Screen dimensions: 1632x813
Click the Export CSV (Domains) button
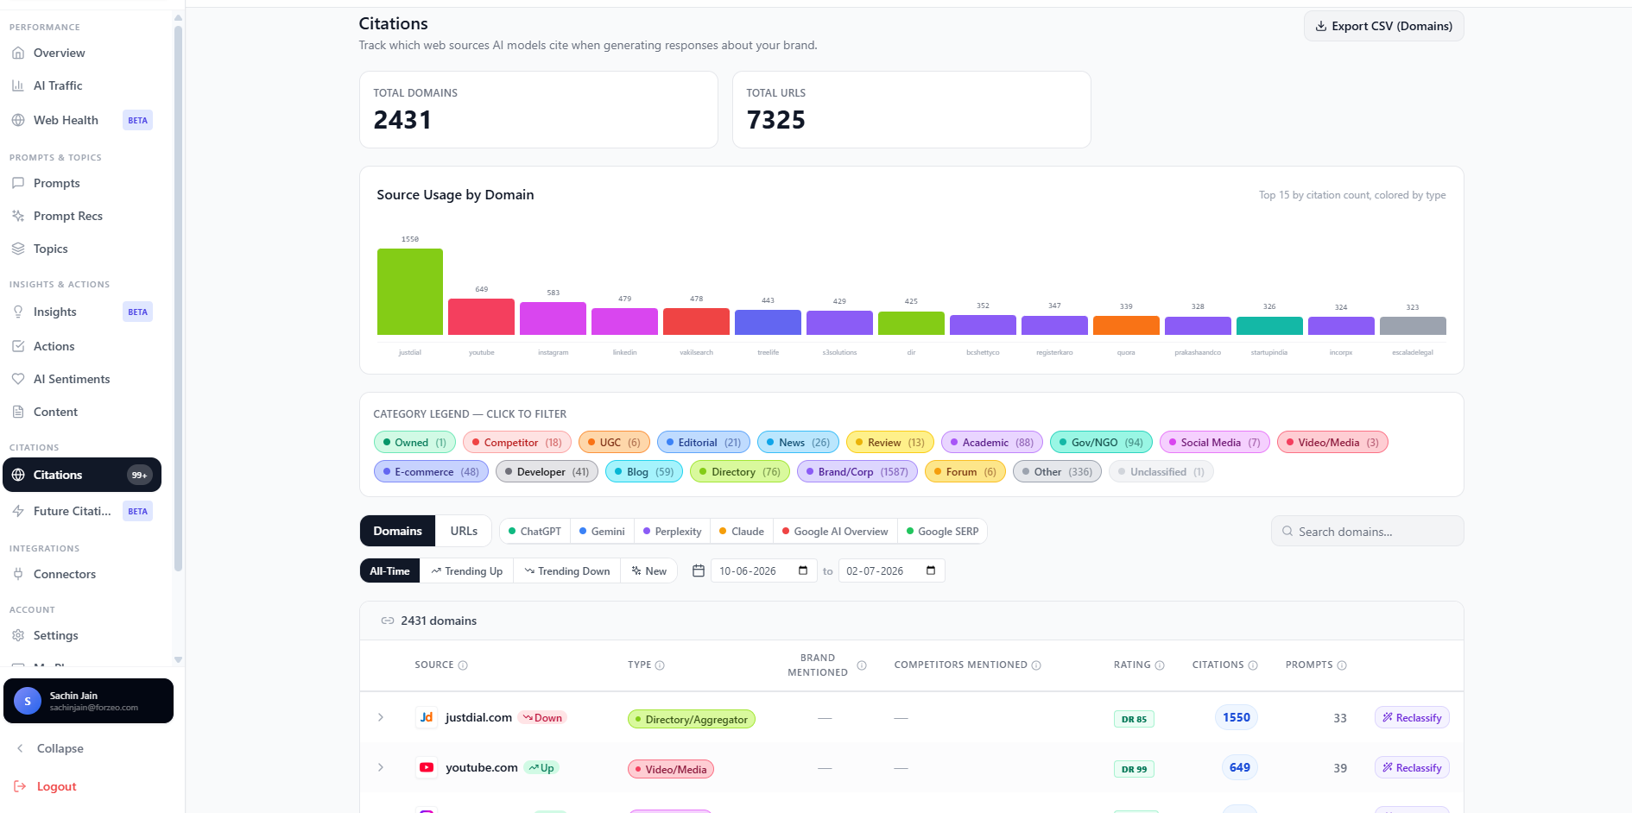1383,26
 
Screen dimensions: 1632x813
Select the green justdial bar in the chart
410,292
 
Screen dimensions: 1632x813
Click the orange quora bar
1126,325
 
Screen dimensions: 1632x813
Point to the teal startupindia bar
1269,325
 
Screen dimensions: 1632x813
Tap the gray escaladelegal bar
1413,325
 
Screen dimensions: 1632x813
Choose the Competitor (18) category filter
516,443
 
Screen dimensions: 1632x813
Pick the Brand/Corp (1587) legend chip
857,472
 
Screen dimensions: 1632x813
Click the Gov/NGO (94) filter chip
1101,443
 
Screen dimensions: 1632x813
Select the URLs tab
464,531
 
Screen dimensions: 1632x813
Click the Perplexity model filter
672,532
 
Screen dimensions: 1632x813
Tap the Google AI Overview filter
835,532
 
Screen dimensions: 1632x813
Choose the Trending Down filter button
567,571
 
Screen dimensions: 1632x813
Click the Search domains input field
1368,532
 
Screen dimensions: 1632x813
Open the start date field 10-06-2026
763,571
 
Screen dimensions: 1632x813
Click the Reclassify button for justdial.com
1412,718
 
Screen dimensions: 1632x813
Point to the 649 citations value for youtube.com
1240,767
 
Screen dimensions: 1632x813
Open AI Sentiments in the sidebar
72,379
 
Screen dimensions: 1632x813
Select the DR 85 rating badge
1134,719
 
